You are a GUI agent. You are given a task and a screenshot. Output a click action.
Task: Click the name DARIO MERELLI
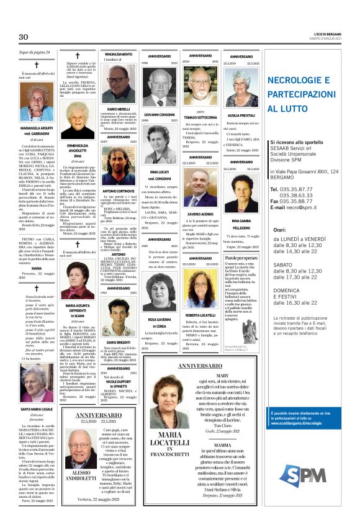(119, 109)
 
